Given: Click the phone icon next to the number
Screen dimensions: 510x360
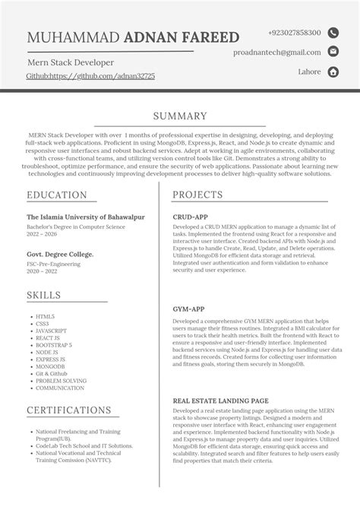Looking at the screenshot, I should click(x=333, y=33).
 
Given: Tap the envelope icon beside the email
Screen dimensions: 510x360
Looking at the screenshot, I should click(x=333, y=52).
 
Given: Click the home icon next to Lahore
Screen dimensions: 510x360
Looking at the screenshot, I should click(x=333, y=71).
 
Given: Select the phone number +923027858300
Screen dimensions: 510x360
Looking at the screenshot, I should click(x=294, y=33).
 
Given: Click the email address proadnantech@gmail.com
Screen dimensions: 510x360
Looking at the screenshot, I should click(x=277, y=52).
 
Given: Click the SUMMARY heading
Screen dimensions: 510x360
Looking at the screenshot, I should click(x=180, y=116).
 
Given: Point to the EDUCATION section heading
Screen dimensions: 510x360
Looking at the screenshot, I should click(x=57, y=195).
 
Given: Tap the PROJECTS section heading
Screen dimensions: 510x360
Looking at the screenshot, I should click(x=197, y=195).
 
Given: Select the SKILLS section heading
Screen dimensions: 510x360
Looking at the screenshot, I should click(x=45, y=295).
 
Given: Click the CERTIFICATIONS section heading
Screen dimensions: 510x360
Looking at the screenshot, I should click(x=70, y=410).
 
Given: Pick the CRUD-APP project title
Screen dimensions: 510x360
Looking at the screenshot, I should click(x=191, y=217).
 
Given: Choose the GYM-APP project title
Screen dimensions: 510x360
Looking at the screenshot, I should click(x=189, y=311).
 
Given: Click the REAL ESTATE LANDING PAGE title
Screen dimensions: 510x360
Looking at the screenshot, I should click(x=220, y=400).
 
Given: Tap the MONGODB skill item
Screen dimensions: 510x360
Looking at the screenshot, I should click(x=50, y=366).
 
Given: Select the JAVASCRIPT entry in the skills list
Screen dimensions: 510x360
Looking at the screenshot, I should click(x=52, y=331).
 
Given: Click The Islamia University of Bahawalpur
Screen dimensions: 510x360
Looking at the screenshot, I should click(x=85, y=217).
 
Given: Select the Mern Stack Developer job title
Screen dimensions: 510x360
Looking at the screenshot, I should click(x=70, y=62).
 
